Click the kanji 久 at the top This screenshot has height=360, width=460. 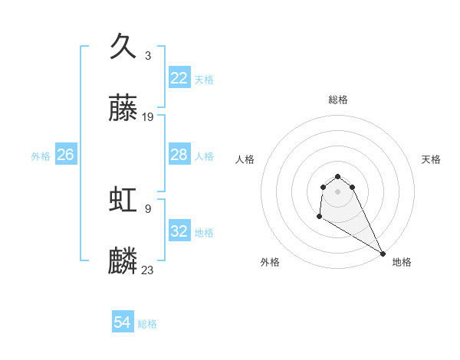pos(123,46)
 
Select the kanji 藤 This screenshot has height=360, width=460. pos(123,109)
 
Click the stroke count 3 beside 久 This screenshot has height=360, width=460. pos(147,55)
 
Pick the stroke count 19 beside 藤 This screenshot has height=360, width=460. pos(148,117)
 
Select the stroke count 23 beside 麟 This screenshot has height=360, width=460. pos(148,270)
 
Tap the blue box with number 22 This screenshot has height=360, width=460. pos(179,78)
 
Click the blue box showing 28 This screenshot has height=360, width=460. pos(179,155)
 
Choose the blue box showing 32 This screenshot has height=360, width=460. pos(179,231)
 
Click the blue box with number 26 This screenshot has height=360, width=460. pos(66,155)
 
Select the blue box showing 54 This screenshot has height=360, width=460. pos(123,323)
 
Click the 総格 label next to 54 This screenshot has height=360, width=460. pos(148,324)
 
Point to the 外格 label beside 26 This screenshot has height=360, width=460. pos(41,155)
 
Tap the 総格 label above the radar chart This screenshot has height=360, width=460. pos(338,100)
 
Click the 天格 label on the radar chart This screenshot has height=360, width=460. pos(432,159)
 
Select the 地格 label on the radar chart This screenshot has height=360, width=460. pos(402,262)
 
